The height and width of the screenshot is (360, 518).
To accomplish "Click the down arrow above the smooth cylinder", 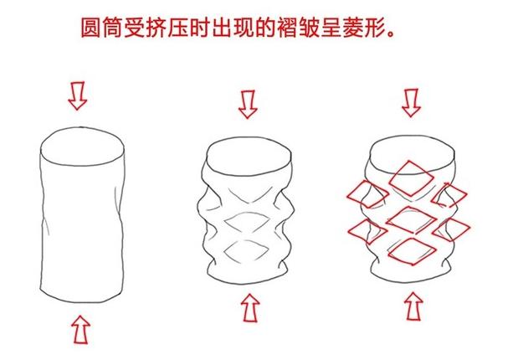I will [x=78, y=96].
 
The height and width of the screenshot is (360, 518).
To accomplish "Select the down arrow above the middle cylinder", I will [x=247, y=105].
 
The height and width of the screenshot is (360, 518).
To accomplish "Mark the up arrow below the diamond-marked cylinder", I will [x=413, y=310].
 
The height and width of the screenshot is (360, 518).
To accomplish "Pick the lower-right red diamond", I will [x=454, y=226].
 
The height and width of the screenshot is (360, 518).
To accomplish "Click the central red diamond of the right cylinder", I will [x=410, y=215].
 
